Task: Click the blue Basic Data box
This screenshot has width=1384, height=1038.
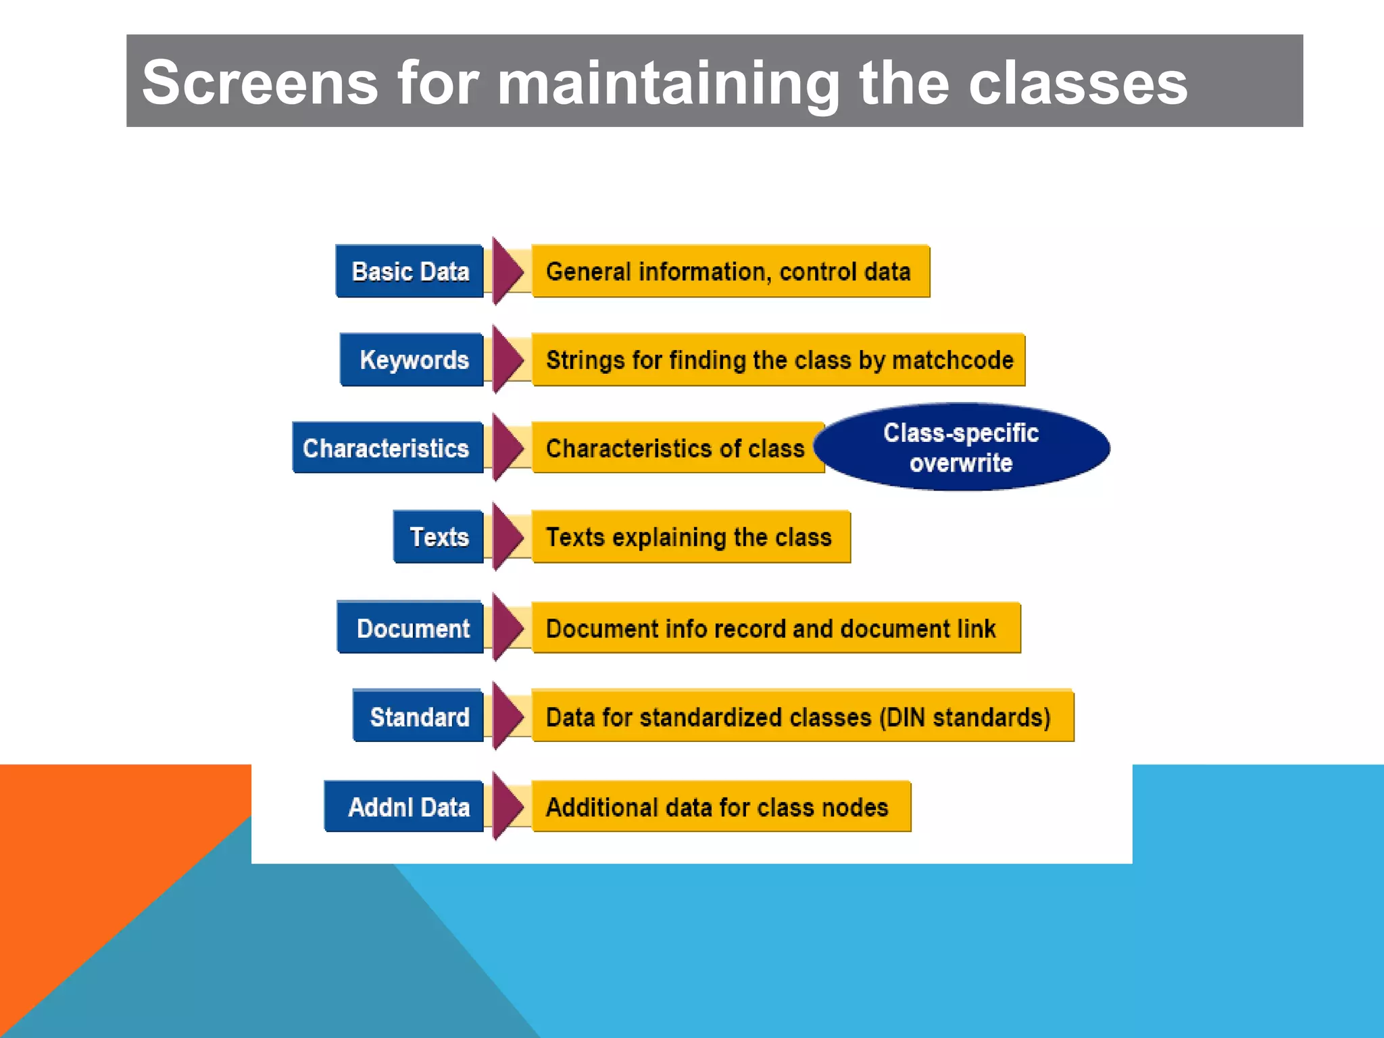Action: pos(410,272)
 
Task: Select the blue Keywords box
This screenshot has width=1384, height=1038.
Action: pos(412,360)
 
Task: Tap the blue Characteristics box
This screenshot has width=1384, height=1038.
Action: pos(387,448)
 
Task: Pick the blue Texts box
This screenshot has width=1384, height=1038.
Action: pos(439,537)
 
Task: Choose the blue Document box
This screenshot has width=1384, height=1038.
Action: pos(412,628)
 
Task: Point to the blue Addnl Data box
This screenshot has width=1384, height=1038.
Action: pos(405,807)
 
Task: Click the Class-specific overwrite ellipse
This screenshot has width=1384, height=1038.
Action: pos(960,448)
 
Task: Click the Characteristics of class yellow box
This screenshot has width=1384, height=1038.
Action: pos(676,448)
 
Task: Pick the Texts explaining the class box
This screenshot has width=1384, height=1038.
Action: pos(689,537)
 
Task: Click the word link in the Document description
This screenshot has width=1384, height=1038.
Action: pos(976,628)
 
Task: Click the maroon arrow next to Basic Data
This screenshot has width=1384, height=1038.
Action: pos(507,271)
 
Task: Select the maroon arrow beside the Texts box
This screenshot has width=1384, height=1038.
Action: pos(507,537)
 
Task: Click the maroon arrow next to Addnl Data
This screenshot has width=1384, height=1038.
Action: pos(507,806)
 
